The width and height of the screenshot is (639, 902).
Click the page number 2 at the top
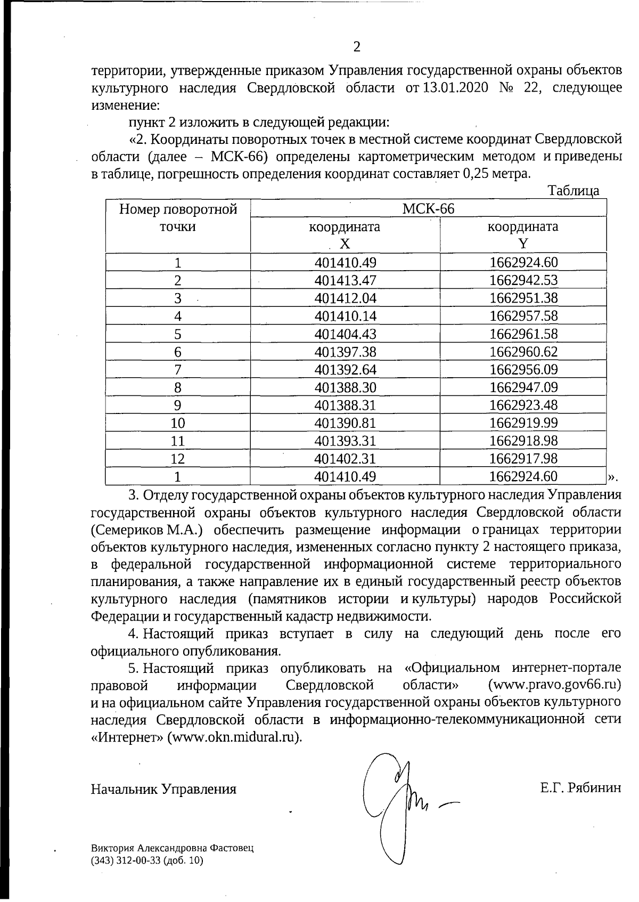pyautogui.click(x=357, y=47)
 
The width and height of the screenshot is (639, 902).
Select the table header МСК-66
pyautogui.click(x=428, y=208)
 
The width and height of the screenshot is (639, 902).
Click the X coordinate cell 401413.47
pyautogui.click(x=345, y=280)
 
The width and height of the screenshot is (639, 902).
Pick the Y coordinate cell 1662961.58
pyautogui.click(x=523, y=334)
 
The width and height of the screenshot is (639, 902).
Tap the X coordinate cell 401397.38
pyautogui.click(x=345, y=352)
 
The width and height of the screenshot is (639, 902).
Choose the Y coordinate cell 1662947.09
pyautogui.click(x=523, y=387)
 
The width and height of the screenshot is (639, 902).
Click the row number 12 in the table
pyautogui.click(x=177, y=459)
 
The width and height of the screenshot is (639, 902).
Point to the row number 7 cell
pyautogui.click(x=177, y=370)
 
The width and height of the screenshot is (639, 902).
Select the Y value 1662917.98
pyautogui.click(x=523, y=459)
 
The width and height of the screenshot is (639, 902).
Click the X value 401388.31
pyautogui.click(x=345, y=405)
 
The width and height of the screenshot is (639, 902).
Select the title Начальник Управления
pyautogui.click(x=163, y=789)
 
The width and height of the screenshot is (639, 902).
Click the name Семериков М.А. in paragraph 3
pyautogui.click(x=144, y=530)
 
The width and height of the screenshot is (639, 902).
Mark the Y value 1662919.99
pyautogui.click(x=523, y=423)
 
